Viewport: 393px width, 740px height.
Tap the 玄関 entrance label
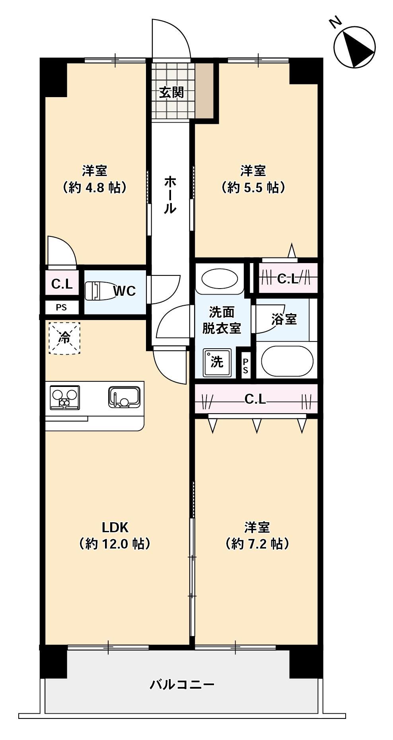pos(171,92)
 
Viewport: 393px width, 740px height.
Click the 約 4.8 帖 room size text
pos(95,187)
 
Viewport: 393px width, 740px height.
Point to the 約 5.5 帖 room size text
pos(253,187)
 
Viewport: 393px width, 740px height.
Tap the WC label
pos(125,291)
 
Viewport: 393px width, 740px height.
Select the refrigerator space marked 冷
pos(64,338)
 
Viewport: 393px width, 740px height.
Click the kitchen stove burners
pos(64,397)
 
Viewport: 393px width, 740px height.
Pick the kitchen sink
pos(124,397)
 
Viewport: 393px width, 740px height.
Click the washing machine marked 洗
pos(216,362)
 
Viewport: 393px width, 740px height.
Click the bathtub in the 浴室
pos(287,361)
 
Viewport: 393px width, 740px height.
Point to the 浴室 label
pos(284,319)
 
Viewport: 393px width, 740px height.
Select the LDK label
pos(115,527)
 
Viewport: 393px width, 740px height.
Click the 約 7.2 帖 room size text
pos(257,543)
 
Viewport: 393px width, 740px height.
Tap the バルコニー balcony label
pos(182,684)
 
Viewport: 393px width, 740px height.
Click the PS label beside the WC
pos(61,307)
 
